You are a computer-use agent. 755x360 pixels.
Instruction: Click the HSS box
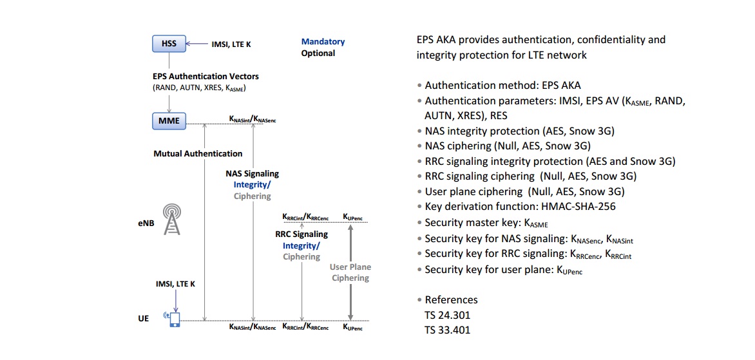(169, 44)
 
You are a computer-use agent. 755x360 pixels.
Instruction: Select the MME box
(169, 121)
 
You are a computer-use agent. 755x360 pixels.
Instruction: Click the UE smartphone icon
(174, 319)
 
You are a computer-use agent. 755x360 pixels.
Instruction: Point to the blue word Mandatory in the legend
(323, 42)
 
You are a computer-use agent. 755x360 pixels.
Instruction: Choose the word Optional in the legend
(318, 53)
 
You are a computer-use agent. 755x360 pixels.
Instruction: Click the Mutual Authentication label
(198, 154)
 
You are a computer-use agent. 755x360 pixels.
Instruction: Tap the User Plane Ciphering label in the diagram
(350, 272)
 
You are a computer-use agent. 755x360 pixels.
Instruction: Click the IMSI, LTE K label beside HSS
(231, 44)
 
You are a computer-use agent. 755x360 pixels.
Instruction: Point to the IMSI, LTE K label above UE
(175, 284)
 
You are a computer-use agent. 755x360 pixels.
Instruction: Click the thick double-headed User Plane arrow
(350, 273)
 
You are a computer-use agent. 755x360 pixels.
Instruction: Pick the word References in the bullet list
(451, 300)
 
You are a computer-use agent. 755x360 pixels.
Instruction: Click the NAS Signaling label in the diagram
(253, 173)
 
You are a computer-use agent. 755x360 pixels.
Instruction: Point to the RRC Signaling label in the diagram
(301, 235)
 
